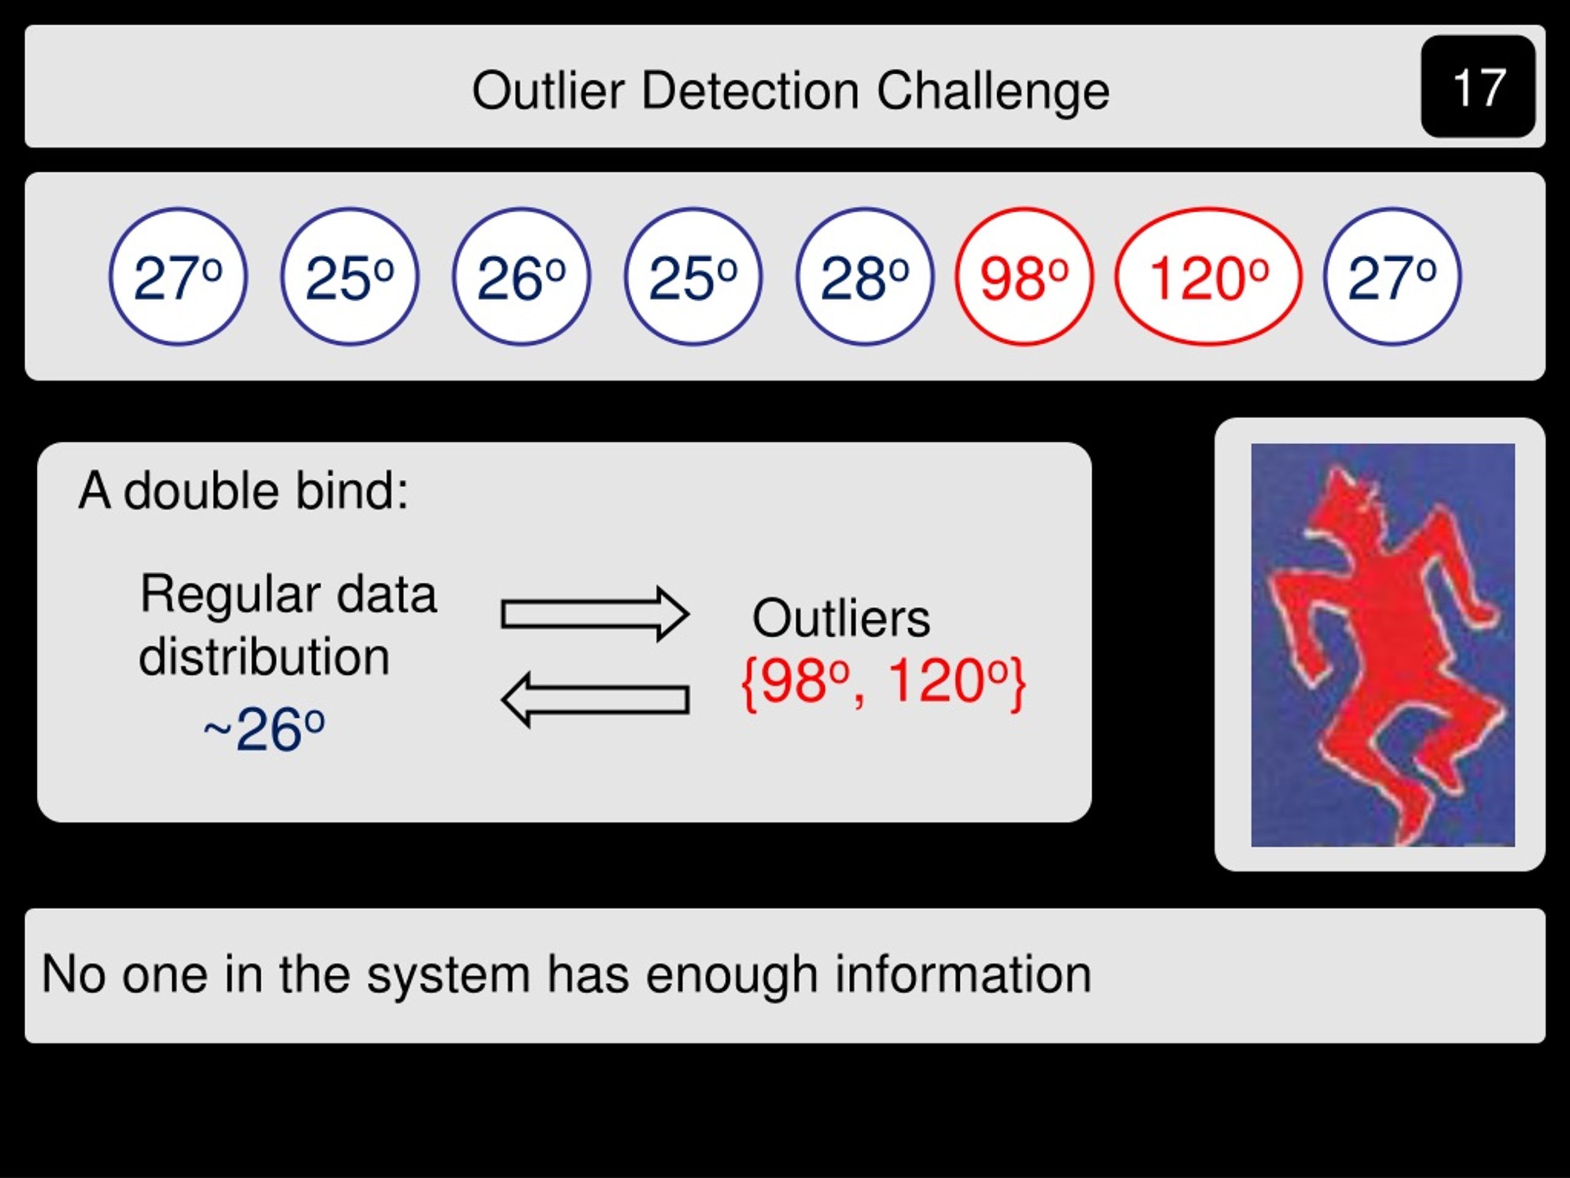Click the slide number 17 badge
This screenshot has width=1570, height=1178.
click(x=1478, y=86)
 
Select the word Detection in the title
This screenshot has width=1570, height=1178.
click(x=750, y=90)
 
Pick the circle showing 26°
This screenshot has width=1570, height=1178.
click(x=522, y=276)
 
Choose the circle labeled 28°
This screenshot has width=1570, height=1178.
click(x=865, y=276)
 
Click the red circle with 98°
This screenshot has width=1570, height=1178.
click(x=1024, y=276)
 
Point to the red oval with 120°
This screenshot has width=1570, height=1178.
click(x=1208, y=276)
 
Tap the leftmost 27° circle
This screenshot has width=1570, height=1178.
click(x=178, y=276)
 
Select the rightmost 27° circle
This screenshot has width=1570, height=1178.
click(x=1393, y=276)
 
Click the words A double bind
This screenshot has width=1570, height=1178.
click(x=243, y=491)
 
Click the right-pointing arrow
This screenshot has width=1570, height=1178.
click(x=595, y=614)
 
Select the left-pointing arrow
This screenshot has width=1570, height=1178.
click(x=595, y=700)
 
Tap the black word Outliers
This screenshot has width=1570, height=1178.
click(x=841, y=618)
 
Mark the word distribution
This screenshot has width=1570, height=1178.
click(x=264, y=656)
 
